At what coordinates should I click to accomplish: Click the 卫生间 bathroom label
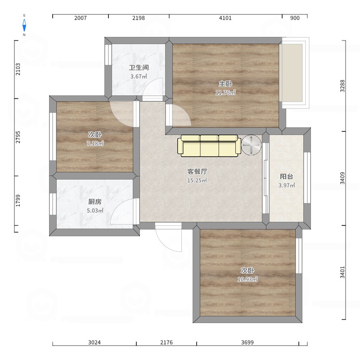[x=139, y=68]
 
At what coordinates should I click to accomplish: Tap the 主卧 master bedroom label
[x=225, y=84]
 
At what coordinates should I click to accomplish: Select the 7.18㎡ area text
[x=95, y=144]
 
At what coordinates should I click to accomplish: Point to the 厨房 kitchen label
[x=95, y=202]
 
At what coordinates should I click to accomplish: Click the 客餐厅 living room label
[x=197, y=171]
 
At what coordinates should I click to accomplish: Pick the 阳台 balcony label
[x=287, y=176]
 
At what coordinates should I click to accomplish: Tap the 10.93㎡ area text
[x=247, y=279]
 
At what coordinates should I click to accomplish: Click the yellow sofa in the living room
[x=209, y=145]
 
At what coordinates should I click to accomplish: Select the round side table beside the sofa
[x=251, y=145]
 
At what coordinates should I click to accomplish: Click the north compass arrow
[x=24, y=26]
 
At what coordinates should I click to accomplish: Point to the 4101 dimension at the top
[x=225, y=18]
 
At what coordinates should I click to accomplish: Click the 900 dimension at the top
[x=295, y=18]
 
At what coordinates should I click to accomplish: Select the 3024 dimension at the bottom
[x=94, y=342]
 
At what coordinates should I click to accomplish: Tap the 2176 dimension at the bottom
[x=166, y=342]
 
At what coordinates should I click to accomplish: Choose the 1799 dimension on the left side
[x=18, y=200]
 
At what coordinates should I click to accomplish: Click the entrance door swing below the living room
[x=169, y=238]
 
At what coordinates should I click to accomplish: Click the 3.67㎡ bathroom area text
[x=139, y=76]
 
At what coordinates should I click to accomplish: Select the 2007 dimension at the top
[x=80, y=18]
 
